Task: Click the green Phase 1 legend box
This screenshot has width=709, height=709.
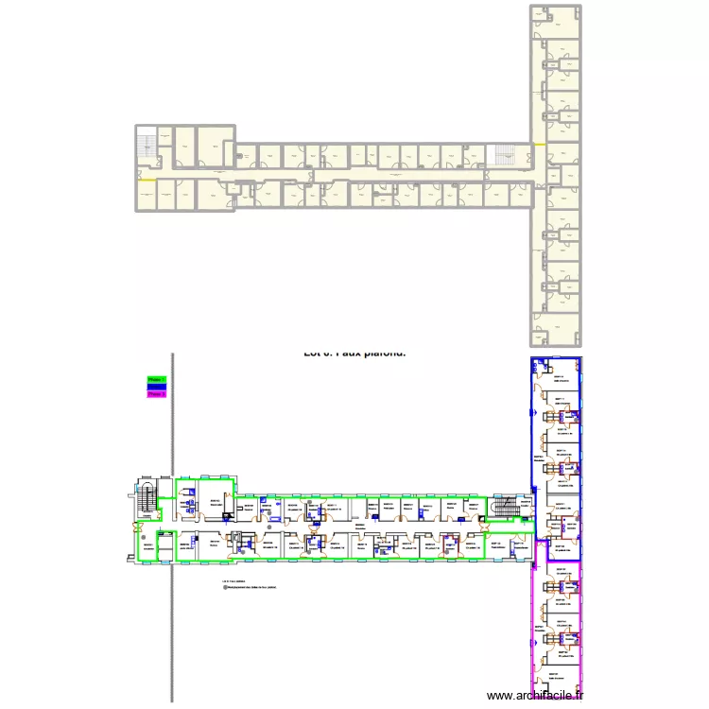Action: (x=156, y=380)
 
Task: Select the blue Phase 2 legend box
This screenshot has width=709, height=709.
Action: (x=156, y=388)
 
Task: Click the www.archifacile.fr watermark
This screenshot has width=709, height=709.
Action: (x=535, y=696)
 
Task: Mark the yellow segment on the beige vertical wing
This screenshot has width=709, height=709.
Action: (x=538, y=144)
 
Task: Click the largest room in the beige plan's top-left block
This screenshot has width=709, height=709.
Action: (x=211, y=148)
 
